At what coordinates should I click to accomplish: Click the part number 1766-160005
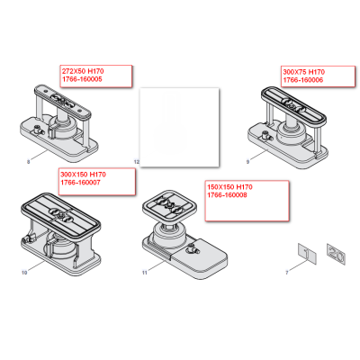[x=82, y=79]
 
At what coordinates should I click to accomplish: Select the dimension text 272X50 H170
[x=81, y=70]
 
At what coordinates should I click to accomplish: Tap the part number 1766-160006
[x=303, y=79]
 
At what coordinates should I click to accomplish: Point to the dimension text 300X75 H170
[x=303, y=70]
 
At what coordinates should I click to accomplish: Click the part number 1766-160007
[x=81, y=183]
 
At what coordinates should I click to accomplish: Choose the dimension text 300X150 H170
[x=83, y=174]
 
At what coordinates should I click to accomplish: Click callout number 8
[x=28, y=158]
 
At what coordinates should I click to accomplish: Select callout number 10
[x=24, y=270]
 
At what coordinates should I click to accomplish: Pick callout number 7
[x=286, y=270]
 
